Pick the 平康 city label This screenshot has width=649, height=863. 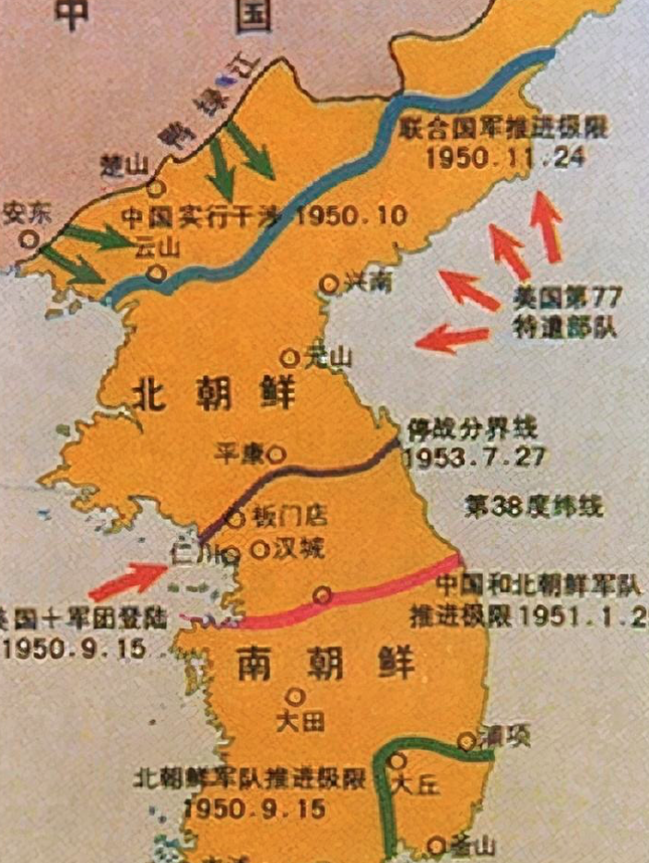tap(238, 453)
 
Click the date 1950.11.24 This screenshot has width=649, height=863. tap(506, 157)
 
